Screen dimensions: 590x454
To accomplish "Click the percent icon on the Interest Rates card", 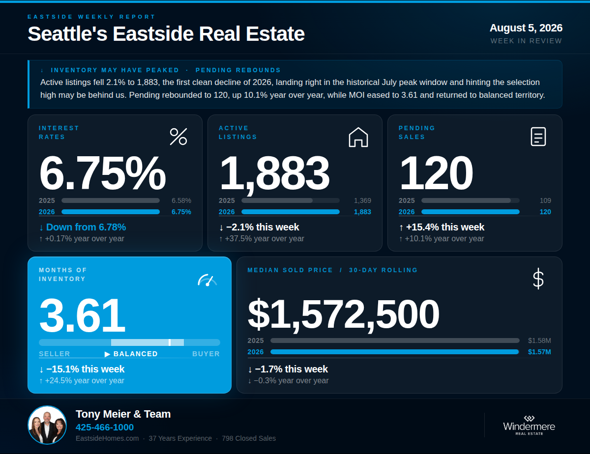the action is pos(178,137).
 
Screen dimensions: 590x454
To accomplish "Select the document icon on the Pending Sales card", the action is pos(538,137).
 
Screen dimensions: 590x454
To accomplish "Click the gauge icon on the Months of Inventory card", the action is pos(207,280).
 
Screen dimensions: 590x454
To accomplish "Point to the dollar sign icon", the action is pos(538,279).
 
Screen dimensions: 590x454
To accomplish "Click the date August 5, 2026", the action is pos(526,28).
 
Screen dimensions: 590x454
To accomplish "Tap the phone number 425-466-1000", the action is pos(105,427).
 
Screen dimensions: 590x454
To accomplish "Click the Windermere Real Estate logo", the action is pos(529,426).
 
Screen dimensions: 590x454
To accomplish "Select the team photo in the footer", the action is pos(47,425).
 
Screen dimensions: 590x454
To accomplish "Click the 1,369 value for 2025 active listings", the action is pos(362,200).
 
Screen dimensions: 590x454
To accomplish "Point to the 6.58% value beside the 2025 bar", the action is pos(181,200).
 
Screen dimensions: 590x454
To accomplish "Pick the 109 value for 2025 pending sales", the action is pos(545,200).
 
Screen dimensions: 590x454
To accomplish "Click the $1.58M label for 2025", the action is pos(539,340).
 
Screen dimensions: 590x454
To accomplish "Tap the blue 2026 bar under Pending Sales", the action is pos(470,212).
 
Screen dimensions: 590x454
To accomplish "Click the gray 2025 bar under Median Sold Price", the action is pos(395,340).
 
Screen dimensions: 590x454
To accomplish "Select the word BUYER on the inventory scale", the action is pos(206,354).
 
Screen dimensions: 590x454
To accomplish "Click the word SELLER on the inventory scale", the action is pos(55,354).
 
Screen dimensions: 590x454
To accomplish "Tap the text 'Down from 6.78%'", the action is pos(86,227).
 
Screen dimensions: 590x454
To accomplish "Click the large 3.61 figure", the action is pos(82,315).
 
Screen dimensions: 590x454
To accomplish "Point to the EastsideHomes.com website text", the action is pos(107,438).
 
